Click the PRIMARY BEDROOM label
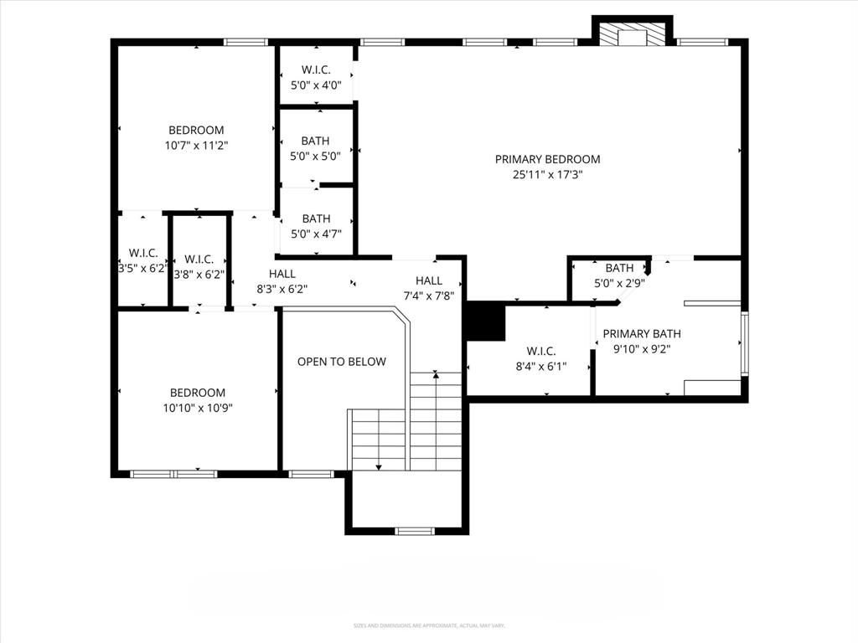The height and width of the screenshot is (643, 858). point(547,159)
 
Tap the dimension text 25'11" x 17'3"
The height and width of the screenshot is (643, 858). point(547,175)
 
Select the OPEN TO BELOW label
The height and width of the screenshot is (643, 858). point(342,362)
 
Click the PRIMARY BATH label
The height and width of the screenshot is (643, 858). point(642,333)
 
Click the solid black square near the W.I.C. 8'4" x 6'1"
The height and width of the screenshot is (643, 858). point(485,321)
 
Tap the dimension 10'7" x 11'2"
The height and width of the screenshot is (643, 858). point(196,145)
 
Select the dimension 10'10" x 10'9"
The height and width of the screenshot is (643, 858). point(198,408)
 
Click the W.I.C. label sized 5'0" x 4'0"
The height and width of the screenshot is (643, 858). point(316,69)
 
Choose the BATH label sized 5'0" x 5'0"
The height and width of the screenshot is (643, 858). point(316,141)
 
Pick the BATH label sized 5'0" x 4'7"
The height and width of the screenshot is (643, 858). point(316,219)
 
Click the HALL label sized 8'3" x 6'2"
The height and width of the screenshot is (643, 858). point(282,274)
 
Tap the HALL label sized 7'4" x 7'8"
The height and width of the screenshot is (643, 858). point(429,280)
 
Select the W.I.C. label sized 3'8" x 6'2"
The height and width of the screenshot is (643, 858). point(199,259)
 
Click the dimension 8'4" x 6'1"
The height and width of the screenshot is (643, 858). point(540,366)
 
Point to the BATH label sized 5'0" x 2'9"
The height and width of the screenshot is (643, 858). point(619,268)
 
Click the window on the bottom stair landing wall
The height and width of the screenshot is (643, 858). point(415,530)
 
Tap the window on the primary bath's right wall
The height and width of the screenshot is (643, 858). point(744,343)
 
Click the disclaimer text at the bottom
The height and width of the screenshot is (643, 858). point(428,625)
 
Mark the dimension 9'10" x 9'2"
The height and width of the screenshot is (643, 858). point(642,348)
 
